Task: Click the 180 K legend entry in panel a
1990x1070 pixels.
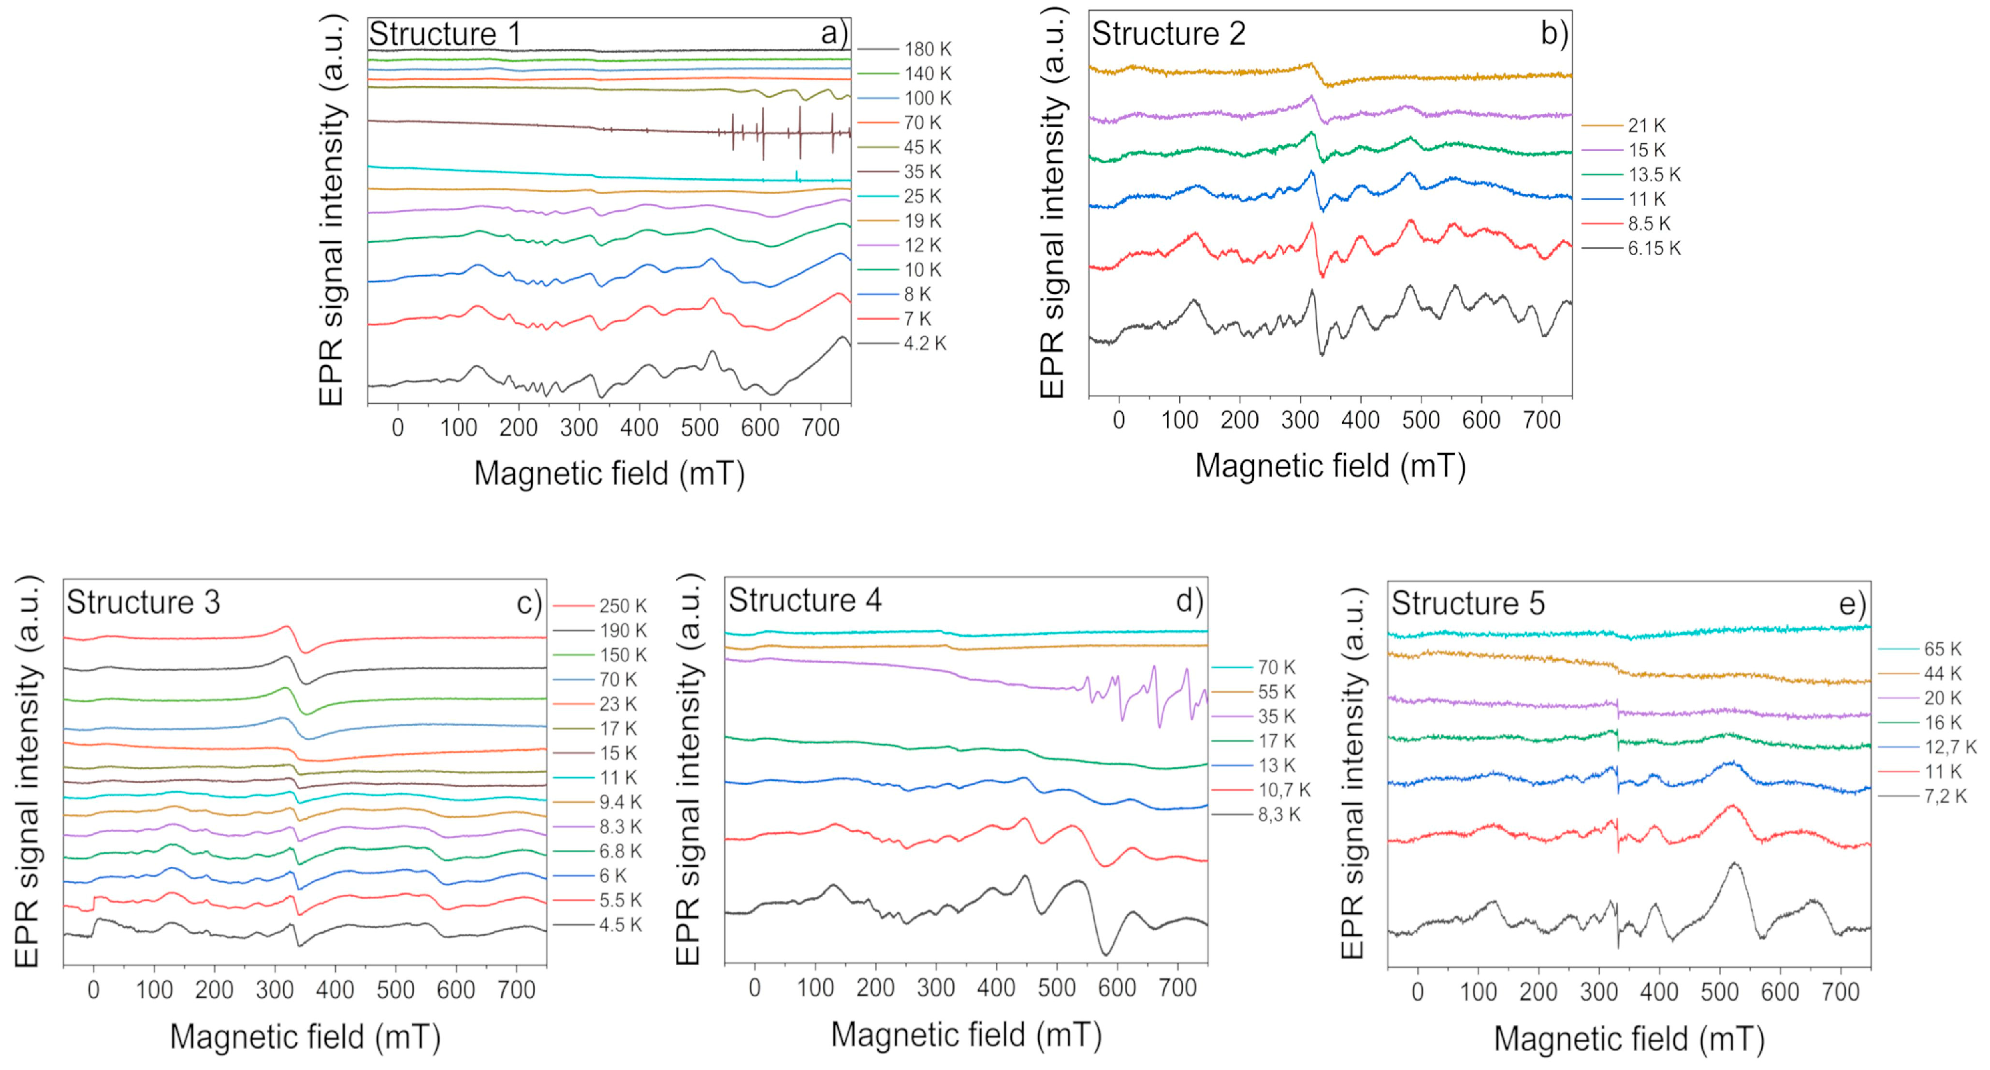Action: pos(927,50)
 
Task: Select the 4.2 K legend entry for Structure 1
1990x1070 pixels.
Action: pos(925,343)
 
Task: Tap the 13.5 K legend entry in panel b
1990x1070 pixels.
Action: pos(1654,174)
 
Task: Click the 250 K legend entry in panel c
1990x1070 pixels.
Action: pos(623,606)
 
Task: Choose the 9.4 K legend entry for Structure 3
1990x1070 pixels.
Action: pos(620,802)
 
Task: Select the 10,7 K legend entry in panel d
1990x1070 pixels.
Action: pos(1284,789)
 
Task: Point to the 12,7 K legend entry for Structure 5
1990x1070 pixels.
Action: pos(1950,747)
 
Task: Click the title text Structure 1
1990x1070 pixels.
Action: pos(444,34)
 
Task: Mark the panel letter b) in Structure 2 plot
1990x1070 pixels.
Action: pos(1554,34)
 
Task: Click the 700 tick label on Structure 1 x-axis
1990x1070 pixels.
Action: pos(820,427)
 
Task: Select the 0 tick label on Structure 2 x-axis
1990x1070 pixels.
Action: pos(1119,420)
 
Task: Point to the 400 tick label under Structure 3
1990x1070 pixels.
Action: pos(335,990)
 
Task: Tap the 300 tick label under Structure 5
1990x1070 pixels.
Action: pos(1598,992)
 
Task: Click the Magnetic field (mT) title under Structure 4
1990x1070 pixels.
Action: pos(965,1034)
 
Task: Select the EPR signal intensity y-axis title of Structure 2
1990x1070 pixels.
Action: pos(1052,202)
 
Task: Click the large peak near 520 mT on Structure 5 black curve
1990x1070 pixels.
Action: pos(1734,864)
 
